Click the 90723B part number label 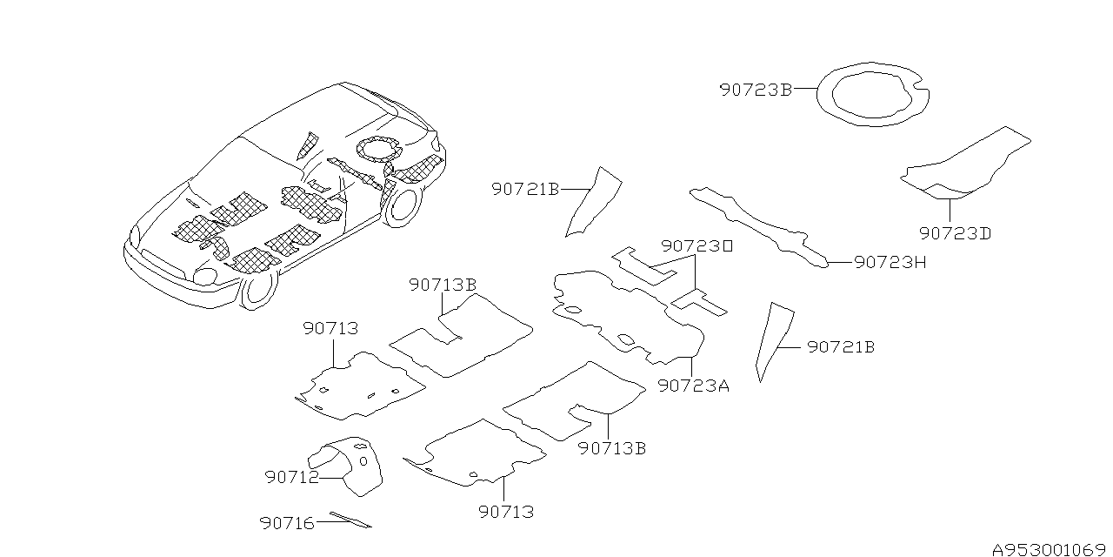[755, 89]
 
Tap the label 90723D [955, 233]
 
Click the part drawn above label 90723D [965, 165]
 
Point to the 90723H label [890, 262]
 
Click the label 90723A [693, 386]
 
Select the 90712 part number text [291, 477]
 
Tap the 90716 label [286, 522]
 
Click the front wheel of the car [257, 290]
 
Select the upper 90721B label [525, 189]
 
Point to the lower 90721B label [840, 347]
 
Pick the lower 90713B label [612, 448]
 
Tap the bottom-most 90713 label [505, 512]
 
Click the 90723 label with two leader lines [696, 246]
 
